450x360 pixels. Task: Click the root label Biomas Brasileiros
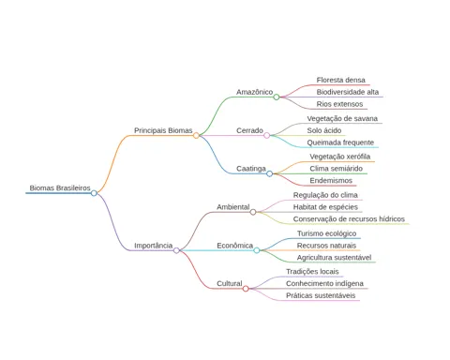60,187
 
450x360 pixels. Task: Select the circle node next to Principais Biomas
196,135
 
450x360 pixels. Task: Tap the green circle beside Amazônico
277,97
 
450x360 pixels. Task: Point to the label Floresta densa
340,80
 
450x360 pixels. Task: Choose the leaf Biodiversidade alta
348,92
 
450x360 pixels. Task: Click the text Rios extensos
339,104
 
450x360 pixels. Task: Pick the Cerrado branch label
249,130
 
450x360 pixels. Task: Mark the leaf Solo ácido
324,130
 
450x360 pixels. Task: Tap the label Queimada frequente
340,142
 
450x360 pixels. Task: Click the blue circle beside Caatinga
269,173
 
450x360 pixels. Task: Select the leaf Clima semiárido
337,169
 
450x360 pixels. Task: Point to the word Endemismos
331,180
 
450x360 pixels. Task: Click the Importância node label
154,246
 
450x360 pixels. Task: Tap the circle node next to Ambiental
253,212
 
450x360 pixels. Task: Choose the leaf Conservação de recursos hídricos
349,219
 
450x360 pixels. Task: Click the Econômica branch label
234,246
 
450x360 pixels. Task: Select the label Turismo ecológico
326,233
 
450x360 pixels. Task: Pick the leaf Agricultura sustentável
334,258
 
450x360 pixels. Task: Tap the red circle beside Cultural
246,289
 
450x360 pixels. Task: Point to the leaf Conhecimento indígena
324,283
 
